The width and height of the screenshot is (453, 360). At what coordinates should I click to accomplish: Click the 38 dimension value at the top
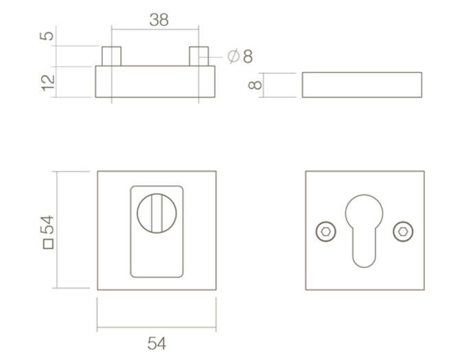159,20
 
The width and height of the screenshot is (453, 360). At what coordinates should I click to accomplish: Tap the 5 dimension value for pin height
47,36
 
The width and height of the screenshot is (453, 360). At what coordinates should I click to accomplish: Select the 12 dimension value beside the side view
47,83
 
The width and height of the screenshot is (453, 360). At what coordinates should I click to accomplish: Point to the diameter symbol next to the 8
233,56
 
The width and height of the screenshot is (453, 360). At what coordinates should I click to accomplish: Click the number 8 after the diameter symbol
248,56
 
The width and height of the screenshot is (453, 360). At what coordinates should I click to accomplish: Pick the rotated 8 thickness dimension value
255,85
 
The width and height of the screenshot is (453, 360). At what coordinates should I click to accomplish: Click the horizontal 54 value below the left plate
157,344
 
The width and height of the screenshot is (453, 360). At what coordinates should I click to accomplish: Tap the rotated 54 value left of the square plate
47,225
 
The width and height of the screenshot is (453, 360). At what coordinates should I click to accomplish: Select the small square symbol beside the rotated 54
48,244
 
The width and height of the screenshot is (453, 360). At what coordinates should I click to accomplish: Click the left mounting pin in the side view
111,56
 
